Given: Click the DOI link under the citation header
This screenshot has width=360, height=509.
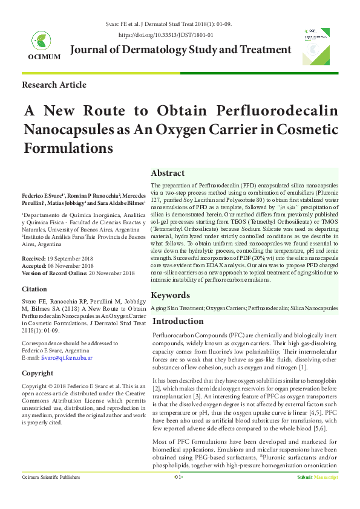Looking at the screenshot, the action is pyautogui.click(x=180, y=36).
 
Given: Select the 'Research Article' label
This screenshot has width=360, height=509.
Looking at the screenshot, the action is pyautogui.click(x=54, y=85).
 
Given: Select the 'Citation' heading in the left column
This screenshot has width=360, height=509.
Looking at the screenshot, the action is pyautogui.click(x=34, y=290).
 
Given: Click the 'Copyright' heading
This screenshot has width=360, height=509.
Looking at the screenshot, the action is pyautogui.click(x=38, y=373).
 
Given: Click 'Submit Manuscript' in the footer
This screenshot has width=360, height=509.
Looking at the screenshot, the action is pyautogui.click(x=316, y=494).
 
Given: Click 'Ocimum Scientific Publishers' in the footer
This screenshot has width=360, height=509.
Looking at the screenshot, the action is pyautogui.click(x=51, y=494).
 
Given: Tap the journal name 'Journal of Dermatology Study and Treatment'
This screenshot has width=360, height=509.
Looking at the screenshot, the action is pyautogui.click(x=181, y=50).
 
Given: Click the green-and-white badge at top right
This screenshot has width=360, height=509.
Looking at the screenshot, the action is pyautogui.click(x=316, y=46).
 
